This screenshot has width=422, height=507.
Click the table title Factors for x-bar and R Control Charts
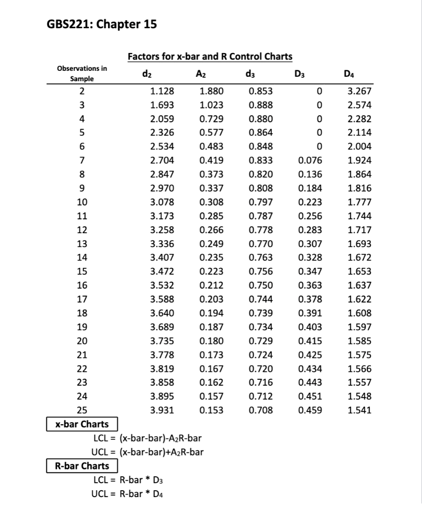[210, 56]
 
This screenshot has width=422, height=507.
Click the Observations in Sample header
[82, 73]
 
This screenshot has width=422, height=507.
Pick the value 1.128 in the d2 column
[161, 91]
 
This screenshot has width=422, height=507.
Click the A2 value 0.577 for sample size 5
[211, 133]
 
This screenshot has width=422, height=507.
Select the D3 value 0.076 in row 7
[311, 160]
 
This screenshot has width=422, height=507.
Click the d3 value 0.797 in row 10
[261, 202]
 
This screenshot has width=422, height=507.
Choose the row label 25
[82, 410]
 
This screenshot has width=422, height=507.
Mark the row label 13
[82, 244]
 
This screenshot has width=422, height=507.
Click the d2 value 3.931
[161, 410]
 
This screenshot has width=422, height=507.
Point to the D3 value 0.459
[311, 410]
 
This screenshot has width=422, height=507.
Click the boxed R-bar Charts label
[82, 466]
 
